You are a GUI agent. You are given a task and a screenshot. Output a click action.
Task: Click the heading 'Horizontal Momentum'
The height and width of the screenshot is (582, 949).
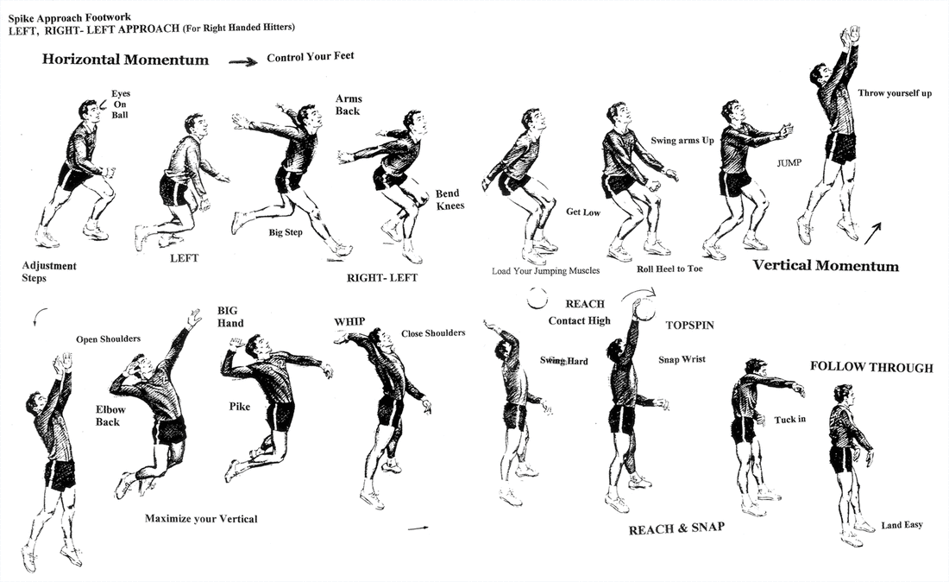click(125, 60)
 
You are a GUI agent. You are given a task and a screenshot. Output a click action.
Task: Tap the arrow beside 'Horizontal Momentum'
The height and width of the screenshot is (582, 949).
click(243, 61)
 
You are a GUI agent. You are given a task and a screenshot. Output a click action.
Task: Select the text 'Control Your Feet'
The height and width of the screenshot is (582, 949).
click(311, 57)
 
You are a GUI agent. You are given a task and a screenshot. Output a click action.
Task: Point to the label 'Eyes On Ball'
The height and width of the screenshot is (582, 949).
click(120, 104)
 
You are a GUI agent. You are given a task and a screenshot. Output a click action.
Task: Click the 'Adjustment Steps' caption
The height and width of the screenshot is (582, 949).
click(49, 272)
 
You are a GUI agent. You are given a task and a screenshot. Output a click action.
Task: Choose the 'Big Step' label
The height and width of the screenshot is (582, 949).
click(286, 232)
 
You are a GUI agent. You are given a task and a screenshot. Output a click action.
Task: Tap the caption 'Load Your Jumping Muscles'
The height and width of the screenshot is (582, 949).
click(545, 270)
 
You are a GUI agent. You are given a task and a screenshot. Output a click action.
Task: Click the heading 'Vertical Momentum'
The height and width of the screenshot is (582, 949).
click(826, 266)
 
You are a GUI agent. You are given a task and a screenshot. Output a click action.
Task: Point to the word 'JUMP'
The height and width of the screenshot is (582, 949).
click(789, 162)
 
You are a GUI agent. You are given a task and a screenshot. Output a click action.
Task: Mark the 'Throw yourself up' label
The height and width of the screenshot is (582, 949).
click(895, 93)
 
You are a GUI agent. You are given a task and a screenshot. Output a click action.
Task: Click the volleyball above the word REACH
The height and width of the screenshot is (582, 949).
click(539, 298)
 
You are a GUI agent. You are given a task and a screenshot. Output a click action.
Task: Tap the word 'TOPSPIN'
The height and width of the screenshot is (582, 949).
click(691, 326)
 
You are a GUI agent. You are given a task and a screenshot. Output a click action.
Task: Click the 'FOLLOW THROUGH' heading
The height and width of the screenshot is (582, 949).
click(871, 367)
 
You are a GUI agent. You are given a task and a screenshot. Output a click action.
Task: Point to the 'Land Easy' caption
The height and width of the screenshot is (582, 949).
click(902, 524)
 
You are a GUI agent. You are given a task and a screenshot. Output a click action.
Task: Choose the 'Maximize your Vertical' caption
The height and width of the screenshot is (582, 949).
click(201, 519)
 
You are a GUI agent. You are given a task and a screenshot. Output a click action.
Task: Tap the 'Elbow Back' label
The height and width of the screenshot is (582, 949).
click(108, 416)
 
